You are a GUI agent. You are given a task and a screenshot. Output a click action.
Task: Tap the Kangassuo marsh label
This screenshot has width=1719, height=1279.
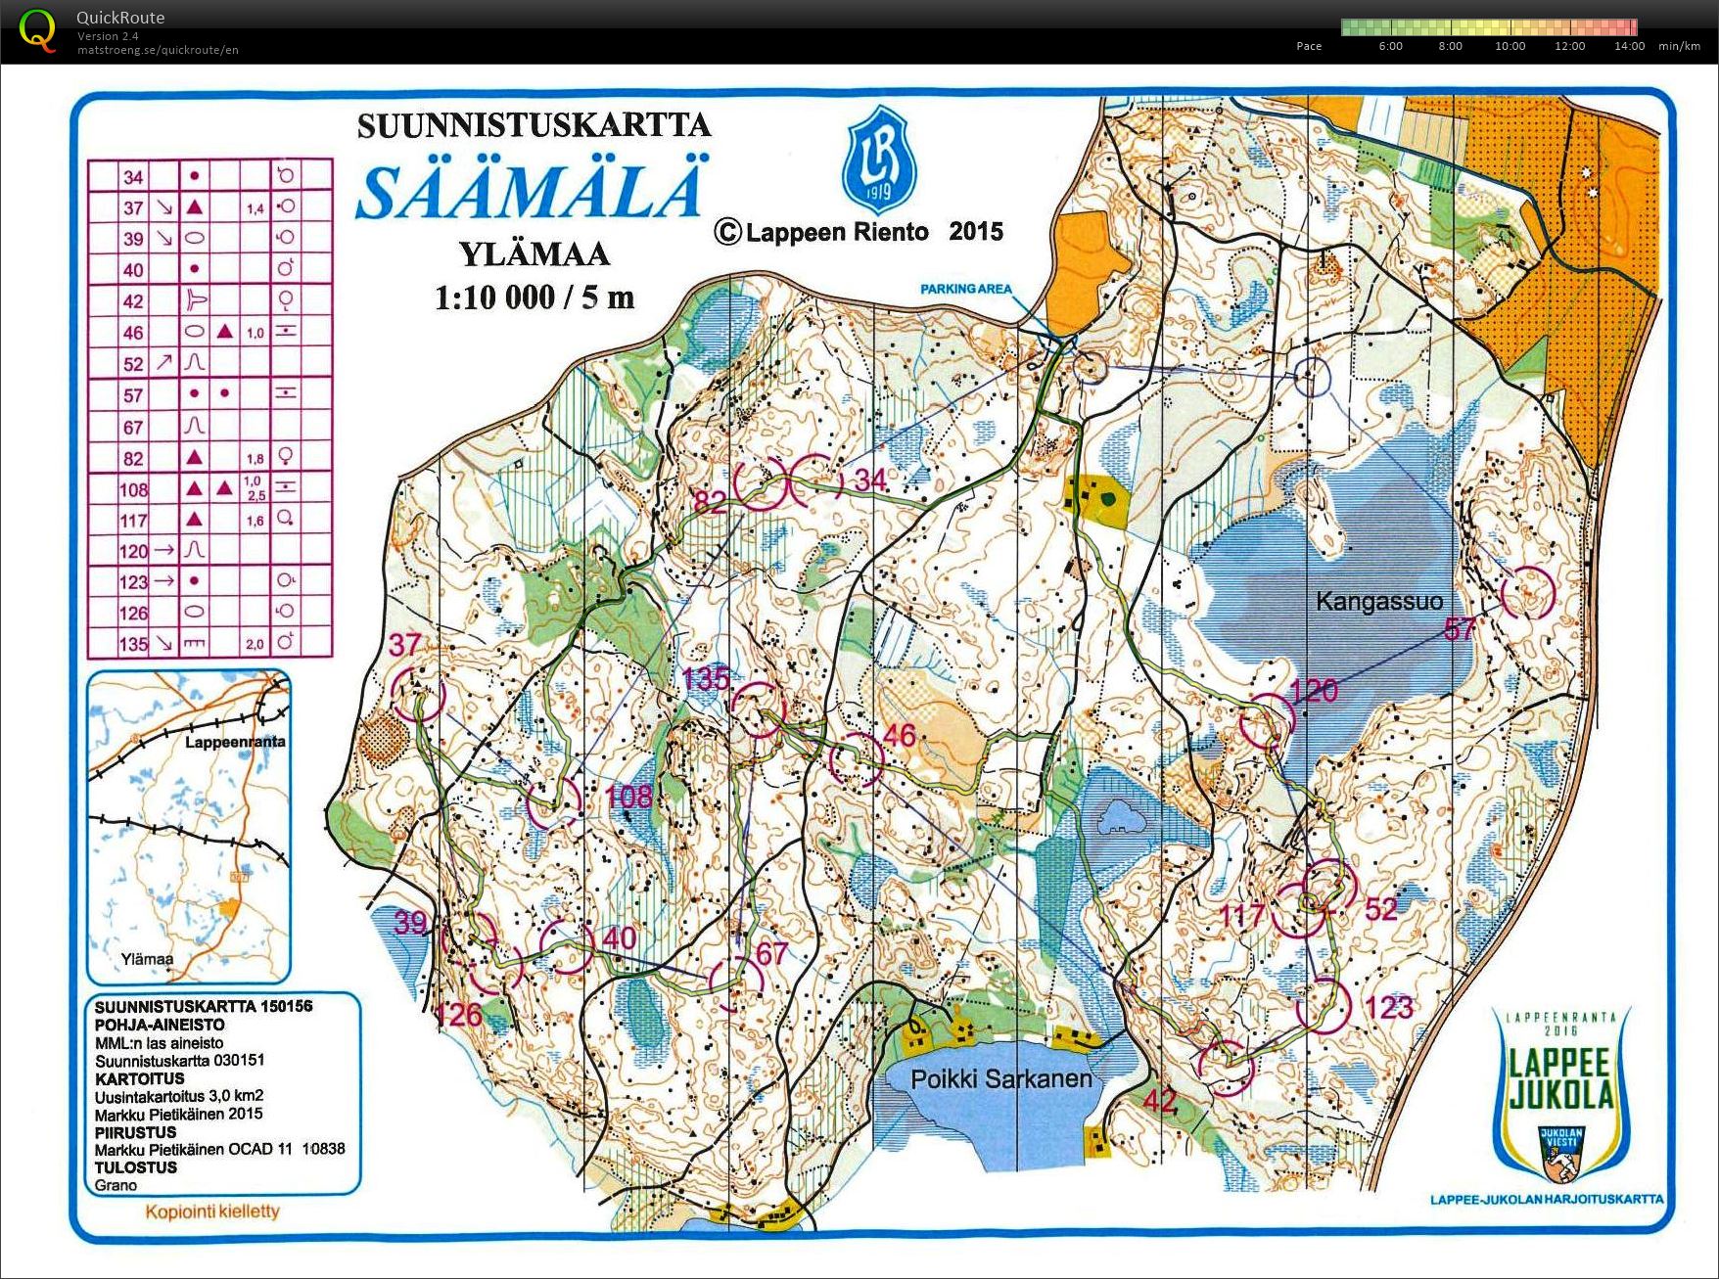[1378, 601]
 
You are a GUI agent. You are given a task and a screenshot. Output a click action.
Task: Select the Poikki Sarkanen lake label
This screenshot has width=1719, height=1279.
[1000, 1079]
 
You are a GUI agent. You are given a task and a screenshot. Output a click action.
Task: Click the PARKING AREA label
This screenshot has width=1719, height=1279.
[965, 289]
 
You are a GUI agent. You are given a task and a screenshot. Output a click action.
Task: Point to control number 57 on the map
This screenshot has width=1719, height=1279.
[1459, 630]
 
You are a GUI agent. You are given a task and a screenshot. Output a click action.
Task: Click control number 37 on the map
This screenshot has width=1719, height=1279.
[404, 644]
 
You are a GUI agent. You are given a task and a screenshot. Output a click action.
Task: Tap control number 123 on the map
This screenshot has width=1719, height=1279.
[1388, 1007]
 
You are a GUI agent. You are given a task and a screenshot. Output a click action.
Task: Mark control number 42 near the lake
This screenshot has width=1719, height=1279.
[1160, 1100]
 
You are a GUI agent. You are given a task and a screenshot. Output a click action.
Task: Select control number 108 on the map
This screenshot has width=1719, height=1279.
[628, 796]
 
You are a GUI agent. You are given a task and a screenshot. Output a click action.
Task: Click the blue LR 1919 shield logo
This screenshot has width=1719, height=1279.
[878, 161]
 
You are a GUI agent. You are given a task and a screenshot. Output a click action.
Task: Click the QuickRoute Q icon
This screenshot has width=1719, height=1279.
[37, 29]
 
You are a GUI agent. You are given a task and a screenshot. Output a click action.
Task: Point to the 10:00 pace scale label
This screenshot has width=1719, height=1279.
[1510, 46]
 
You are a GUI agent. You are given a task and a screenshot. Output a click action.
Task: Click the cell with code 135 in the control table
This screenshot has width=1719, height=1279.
[133, 644]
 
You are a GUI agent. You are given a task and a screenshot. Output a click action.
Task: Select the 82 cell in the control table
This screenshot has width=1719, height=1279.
[133, 458]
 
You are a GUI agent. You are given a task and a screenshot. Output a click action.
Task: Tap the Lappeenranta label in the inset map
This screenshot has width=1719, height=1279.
[235, 742]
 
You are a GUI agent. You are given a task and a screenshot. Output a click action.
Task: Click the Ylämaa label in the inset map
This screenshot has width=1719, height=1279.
[147, 959]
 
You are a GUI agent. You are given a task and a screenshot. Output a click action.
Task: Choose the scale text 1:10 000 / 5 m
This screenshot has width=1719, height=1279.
[534, 297]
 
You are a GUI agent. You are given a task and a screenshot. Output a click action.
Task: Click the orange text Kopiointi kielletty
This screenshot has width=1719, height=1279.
[212, 1211]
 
